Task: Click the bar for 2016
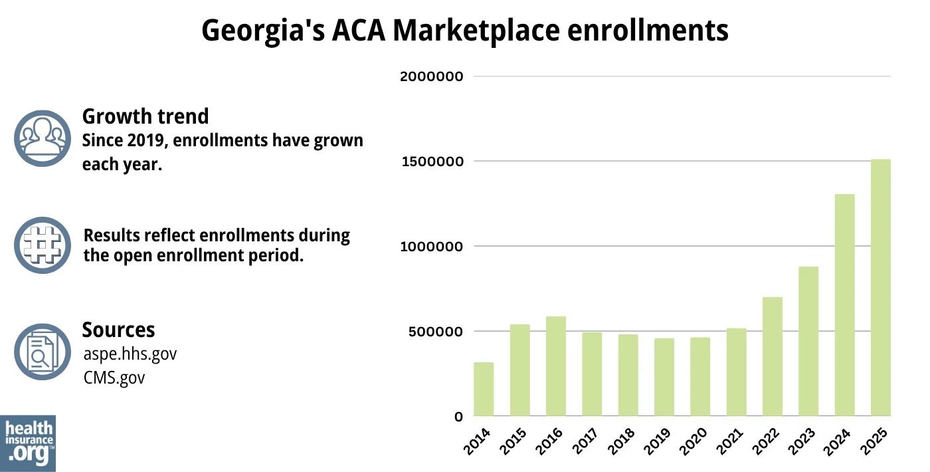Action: point(556,366)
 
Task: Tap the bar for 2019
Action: point(664,377)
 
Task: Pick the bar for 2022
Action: point(773,356)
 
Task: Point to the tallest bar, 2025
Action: point(881,288)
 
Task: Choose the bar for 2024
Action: point(844,305)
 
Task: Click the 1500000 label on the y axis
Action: point(431,162)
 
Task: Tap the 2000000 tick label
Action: point(431,76)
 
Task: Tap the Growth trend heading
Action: point(145,116)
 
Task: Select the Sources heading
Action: point(118,330)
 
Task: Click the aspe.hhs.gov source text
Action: point(130,354)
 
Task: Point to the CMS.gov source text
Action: point(114,378)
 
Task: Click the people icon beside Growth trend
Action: point(43,138)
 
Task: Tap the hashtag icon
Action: point(43,245)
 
